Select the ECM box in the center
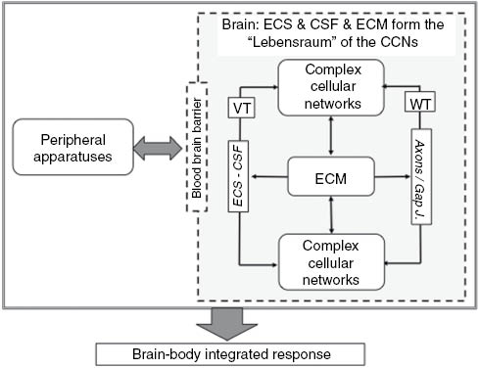pyautogui.click(x=333, y=177)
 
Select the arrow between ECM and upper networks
pyautogui.click(x=333, y=137)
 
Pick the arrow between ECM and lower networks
pyautogui.click(x=333, y=216)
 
